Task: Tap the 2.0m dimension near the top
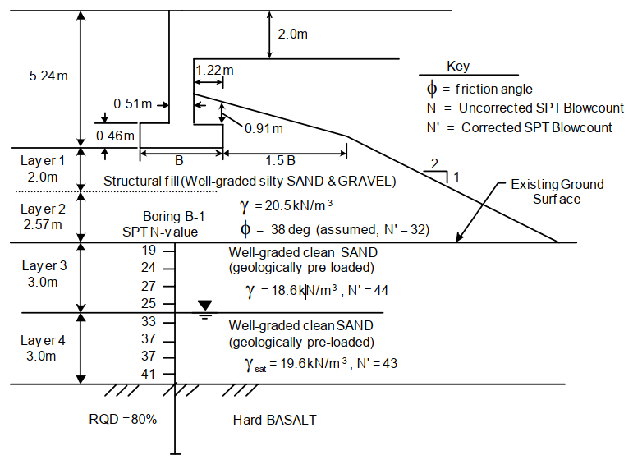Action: tap(293, 34)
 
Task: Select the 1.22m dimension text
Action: tap(214, 71)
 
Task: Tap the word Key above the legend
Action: tap(458, 67)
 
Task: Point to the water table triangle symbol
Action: tap(204, 305)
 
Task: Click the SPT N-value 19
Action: tap(149, 250)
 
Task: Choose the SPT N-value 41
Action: tap(149, 374)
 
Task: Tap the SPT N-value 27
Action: tap(149, 286)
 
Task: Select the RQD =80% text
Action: tap(123, 420)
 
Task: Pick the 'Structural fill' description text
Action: tap(250, 181)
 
